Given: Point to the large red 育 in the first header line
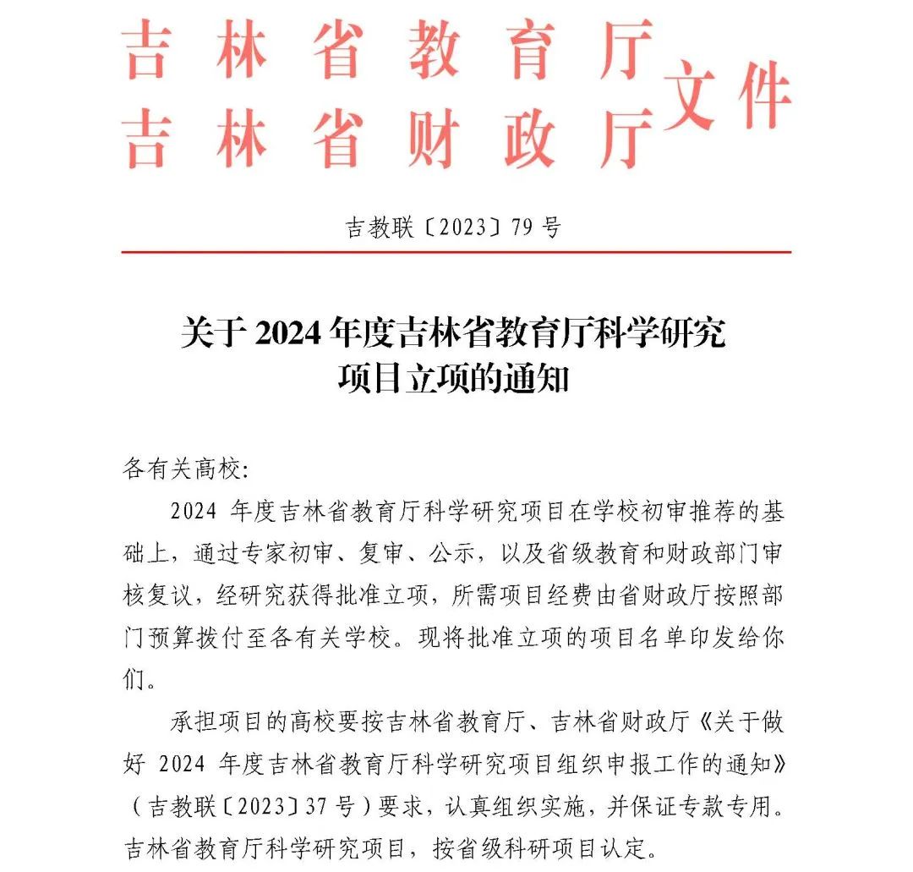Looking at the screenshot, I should (531, 51).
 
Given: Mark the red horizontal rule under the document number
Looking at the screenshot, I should (456, 251).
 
